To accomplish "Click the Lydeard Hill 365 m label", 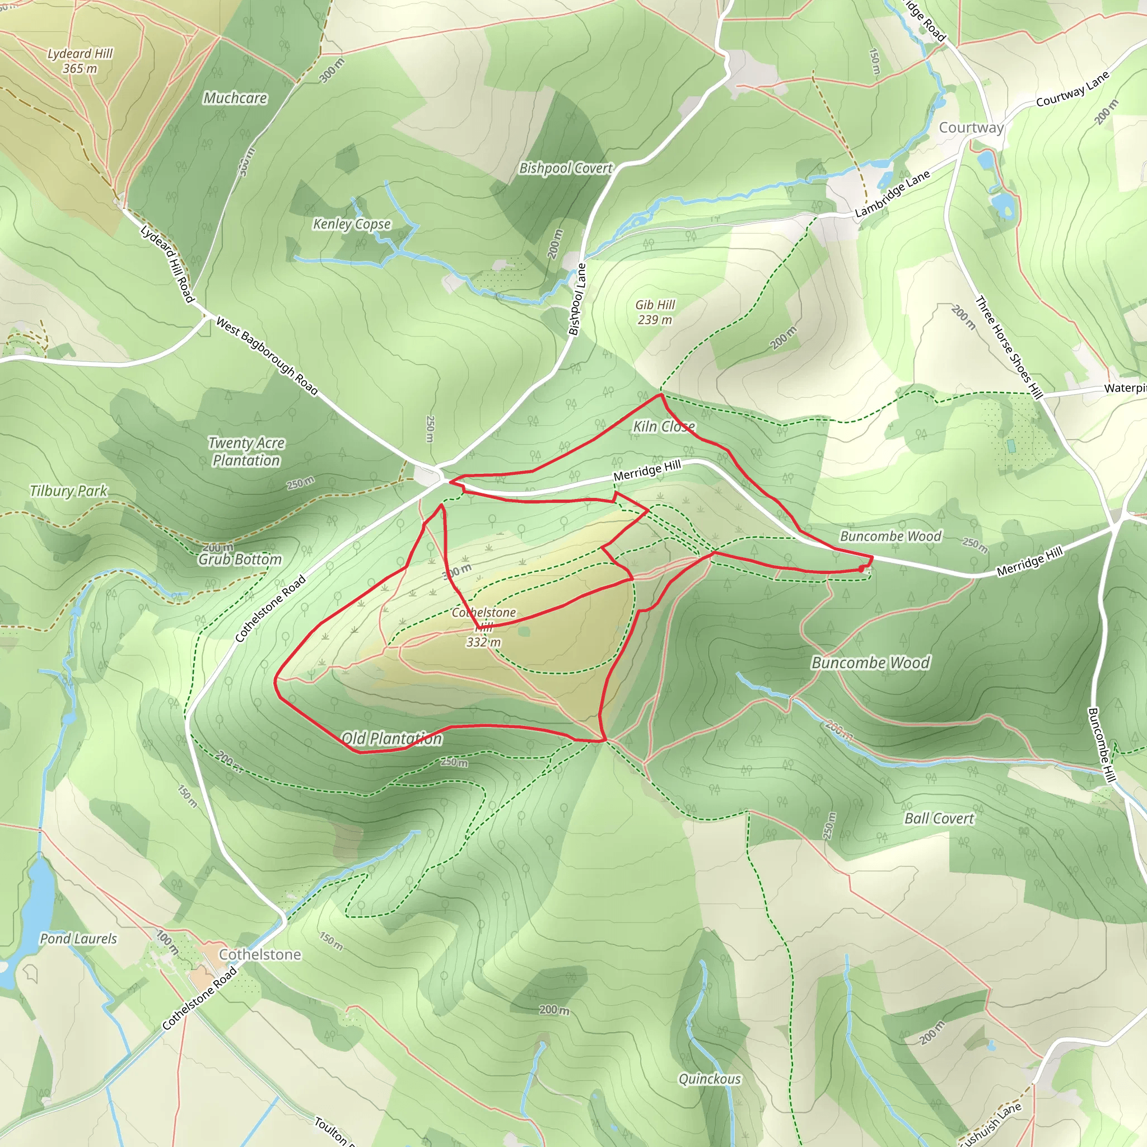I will pos(80,60).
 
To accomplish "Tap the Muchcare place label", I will pos(235,98).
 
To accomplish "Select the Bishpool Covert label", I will pos(566,168).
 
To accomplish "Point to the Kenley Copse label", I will pos(352,224).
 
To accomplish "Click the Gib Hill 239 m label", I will pos(655,313).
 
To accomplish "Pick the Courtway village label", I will pos(971,128).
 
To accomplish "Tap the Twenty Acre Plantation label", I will pos(246,451).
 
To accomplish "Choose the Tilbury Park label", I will pos(68,491).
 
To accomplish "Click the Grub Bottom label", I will pos(240,559).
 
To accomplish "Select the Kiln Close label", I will pos(664,426).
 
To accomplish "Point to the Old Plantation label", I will pos(392,739).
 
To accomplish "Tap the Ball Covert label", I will pos(939,819).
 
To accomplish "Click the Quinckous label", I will pos(710,1079).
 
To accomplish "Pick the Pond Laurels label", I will pos(78,939).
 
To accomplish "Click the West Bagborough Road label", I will pos(267,356).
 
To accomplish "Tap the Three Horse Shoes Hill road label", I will pos(1009,347).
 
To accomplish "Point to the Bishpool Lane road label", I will pos(577,299).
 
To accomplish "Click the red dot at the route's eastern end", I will pos(861,569).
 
